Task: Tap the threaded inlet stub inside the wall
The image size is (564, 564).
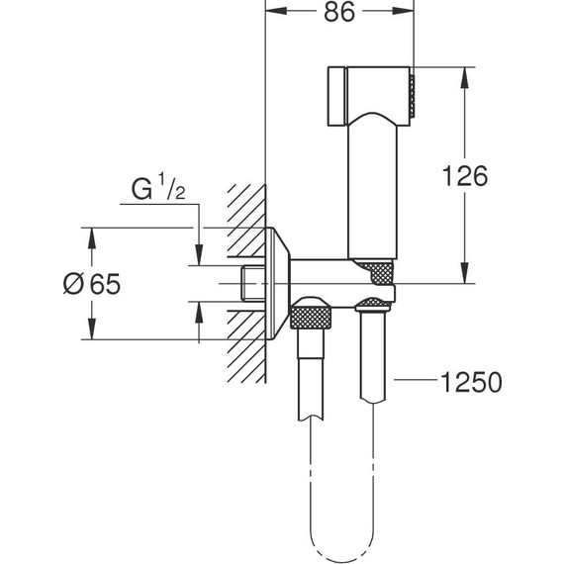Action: click(x=254, y=283)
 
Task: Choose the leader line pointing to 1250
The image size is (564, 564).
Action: click(x=417, y=380)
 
